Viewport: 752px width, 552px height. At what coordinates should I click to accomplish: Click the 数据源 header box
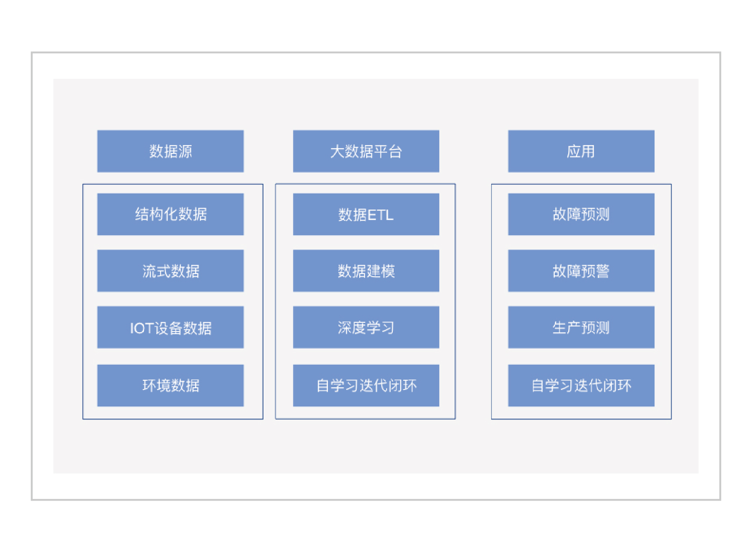[x=170, y=151]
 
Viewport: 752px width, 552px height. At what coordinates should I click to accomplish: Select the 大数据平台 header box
[x=366, y=151]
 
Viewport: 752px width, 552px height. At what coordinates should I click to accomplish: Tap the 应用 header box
[x=581, y=151]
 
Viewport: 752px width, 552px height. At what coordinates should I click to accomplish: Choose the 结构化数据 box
[x=170, y=214]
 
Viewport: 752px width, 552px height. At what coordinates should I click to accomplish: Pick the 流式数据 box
[x=170, y=271]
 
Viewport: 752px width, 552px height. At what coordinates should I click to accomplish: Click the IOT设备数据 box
[x=170, y=327]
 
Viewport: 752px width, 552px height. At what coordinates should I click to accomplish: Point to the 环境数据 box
[x=170, y=386]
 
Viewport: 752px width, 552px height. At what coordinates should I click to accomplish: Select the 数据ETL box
[x=366, y=214]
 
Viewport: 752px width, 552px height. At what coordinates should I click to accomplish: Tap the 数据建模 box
[x=366, y=271]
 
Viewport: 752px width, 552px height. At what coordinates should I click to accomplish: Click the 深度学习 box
[x=366, y=327]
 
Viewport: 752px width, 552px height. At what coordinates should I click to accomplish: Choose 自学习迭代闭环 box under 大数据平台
[x=366, y=386]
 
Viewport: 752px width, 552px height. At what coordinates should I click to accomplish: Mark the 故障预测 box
[x=581, y=214]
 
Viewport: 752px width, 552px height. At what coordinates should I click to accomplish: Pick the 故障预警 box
[x=581, y=271]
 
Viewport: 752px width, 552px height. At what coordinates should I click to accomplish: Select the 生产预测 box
[x=581, y=327]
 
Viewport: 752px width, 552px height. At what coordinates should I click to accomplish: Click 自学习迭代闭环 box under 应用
[x=581, y=386]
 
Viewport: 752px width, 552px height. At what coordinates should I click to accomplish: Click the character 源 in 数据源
[x=185, y=152]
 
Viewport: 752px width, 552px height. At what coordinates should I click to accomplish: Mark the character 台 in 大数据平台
[x=395, y=152]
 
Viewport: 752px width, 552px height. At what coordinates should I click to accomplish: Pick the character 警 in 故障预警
[x=603, y=271]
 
